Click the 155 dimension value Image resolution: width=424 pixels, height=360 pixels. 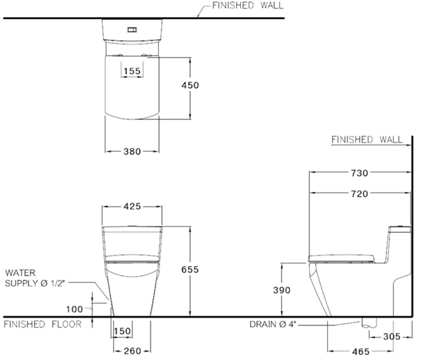131,71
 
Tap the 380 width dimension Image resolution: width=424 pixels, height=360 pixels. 131,150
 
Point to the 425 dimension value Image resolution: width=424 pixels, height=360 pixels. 131,206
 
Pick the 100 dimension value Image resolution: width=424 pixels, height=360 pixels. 74,308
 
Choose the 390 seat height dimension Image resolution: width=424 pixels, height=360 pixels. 282,289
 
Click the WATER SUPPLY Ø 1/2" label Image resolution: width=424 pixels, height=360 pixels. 35,277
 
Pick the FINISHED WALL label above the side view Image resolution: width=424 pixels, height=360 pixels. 366,140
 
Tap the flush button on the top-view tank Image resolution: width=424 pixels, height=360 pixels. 131,30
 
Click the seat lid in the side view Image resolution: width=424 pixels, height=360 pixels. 341,253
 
